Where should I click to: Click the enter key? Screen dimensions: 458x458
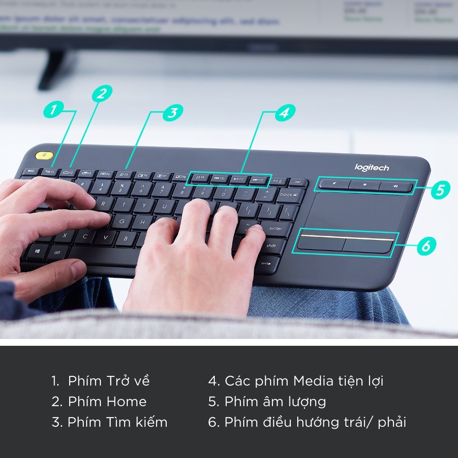point(276,228)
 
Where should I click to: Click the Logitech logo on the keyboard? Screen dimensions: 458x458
point(371,168)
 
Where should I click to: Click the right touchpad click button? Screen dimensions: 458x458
point(368,245)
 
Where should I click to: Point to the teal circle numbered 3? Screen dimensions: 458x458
point(172,113)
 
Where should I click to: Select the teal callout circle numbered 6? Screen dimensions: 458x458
point(425,246)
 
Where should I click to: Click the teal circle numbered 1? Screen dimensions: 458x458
point(54,109)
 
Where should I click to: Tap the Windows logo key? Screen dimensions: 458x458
point(36,251)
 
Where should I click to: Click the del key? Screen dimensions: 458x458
point(298,182)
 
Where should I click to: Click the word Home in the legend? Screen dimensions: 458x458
point(126,402)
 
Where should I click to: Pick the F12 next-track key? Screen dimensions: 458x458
point(258,180)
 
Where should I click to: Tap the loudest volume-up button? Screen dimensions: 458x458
point(396,186)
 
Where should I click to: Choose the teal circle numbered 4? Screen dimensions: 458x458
point(284,112)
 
